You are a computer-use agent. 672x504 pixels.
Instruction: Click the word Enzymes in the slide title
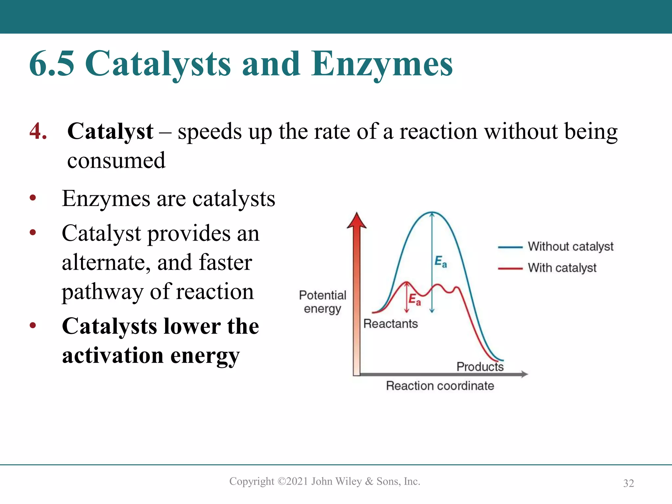[x=382, y=64]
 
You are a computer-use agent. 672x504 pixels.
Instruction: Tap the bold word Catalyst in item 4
[x=110, y=131]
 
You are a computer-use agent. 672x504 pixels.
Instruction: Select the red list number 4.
[x=38, y=131]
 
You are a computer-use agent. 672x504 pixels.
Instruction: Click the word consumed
[x=116, y=161]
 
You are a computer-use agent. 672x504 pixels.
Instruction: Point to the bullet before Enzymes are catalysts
[x=32, y=198]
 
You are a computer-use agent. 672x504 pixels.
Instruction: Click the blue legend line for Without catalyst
[x=510, y=247]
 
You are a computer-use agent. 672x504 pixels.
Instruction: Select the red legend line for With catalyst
[x=510, y=268]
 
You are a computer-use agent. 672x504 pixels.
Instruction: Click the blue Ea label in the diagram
[x=441, y=262]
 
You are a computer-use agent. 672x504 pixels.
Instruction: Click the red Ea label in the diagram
[x=414, y=300]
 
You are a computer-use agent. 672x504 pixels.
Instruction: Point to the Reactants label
[x=390, y=324]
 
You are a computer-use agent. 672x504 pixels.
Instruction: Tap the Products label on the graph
[x=480, y=367]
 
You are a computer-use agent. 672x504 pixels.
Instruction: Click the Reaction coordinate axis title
[x=440, y=386]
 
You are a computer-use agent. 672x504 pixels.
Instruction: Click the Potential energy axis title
[x=322, y=302]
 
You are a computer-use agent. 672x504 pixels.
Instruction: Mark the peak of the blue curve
[x=432, y=212]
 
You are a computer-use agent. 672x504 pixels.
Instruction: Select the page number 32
[x=628, y=483]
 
